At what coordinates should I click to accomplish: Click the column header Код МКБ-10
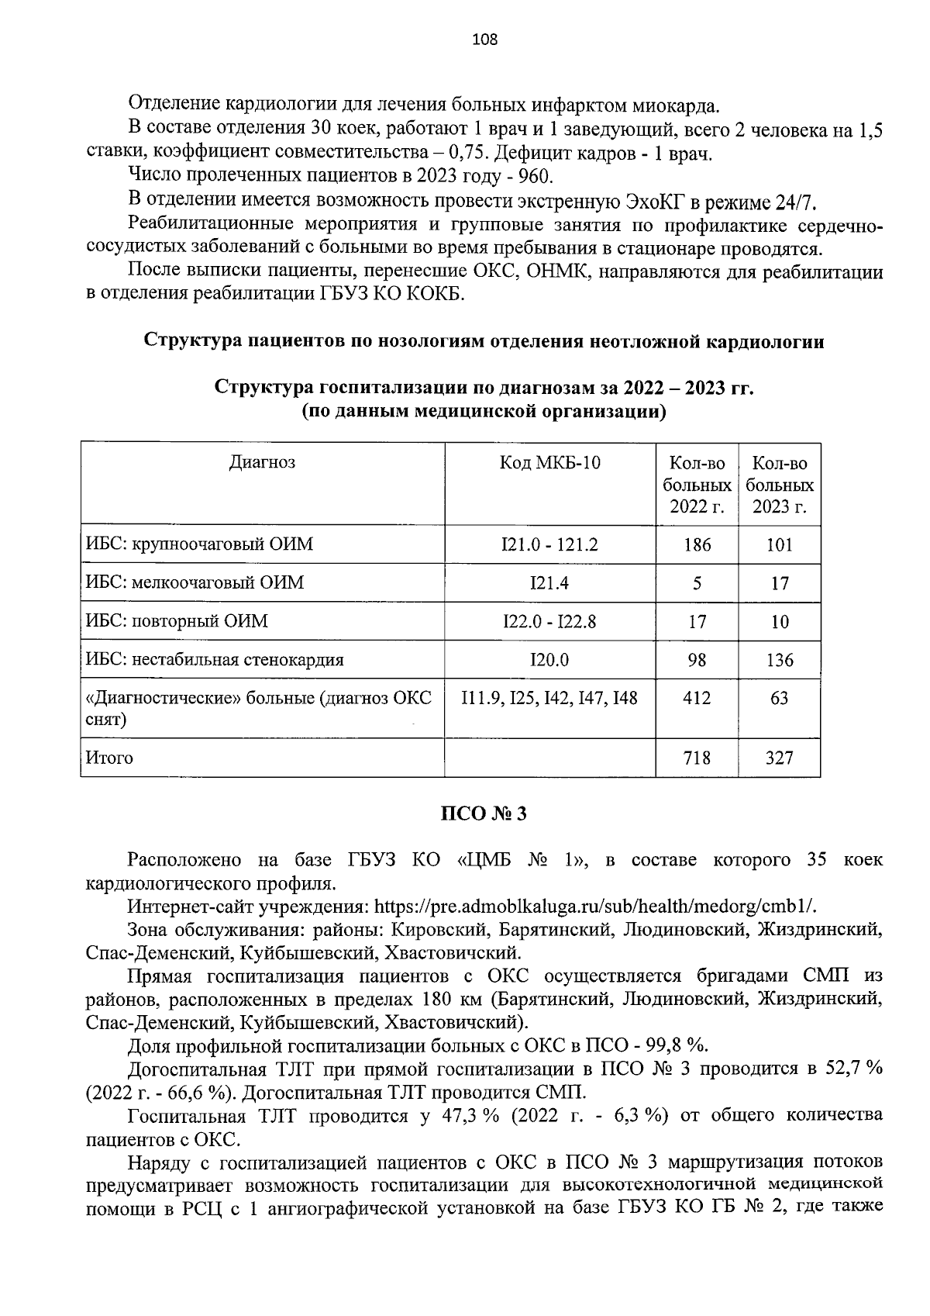click(x=549, y=464)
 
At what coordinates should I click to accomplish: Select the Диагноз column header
click(x=262, y=463)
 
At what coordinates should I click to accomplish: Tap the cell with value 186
click(x=697, y=544)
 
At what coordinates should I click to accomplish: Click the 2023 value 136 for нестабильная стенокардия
click(x=779, y=660)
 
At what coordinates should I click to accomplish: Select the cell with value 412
click(x=697, y=698)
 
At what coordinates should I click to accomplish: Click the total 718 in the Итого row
click(x=697, y=758)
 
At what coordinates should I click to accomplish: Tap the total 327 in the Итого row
click(x=779, y=758)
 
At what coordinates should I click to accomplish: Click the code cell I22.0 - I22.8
click(x=549, y=621)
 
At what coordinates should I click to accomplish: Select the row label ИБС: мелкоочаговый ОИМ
click(x=195, y=582)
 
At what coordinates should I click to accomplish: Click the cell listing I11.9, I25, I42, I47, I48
click(x=549, y=698)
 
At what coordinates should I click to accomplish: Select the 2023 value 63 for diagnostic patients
click(x=779, y=698)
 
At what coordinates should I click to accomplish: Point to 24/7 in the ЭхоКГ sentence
click(x=794, y=202)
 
